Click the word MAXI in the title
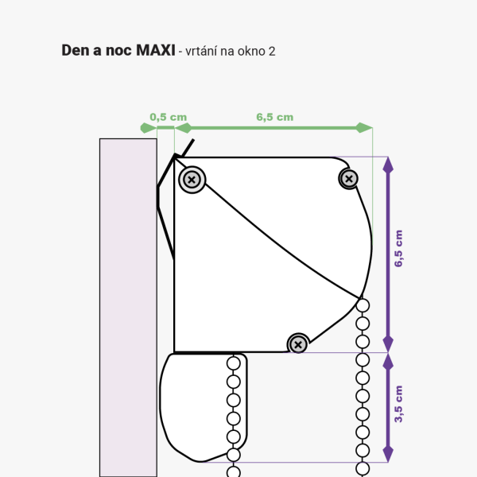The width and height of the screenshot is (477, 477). click(x=156, y=50)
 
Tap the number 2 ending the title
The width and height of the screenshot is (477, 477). click(x=272, y=52)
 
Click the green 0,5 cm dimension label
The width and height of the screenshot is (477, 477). click(x=169, y=117)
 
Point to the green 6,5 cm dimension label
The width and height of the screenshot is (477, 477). click(x=275, y=117)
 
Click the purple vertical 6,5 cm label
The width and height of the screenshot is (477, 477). click(x=398, y=249)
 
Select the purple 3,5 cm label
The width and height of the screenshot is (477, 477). click(x=398, y=404)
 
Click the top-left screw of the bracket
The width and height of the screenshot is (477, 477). click(x=192, y=180)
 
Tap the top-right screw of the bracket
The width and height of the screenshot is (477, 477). click(x=349, y=179)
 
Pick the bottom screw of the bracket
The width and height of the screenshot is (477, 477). click(x=298, y=345)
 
